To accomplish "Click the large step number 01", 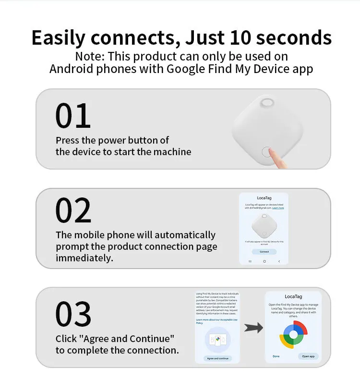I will [x=73, y=116].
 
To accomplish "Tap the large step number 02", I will [x=73, y=211].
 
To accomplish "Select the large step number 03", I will [x=73, y=315].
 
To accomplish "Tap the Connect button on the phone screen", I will [x=264, y=251].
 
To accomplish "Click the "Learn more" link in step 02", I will [x=278, y=208].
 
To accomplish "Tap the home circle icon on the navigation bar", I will [x=264, y=261].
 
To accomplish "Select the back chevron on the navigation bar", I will [x=279, y=261].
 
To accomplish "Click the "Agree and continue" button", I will [x=217, y=358].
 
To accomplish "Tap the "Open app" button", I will [x=308, y=356].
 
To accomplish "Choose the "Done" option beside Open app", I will [x=276, y=356].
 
